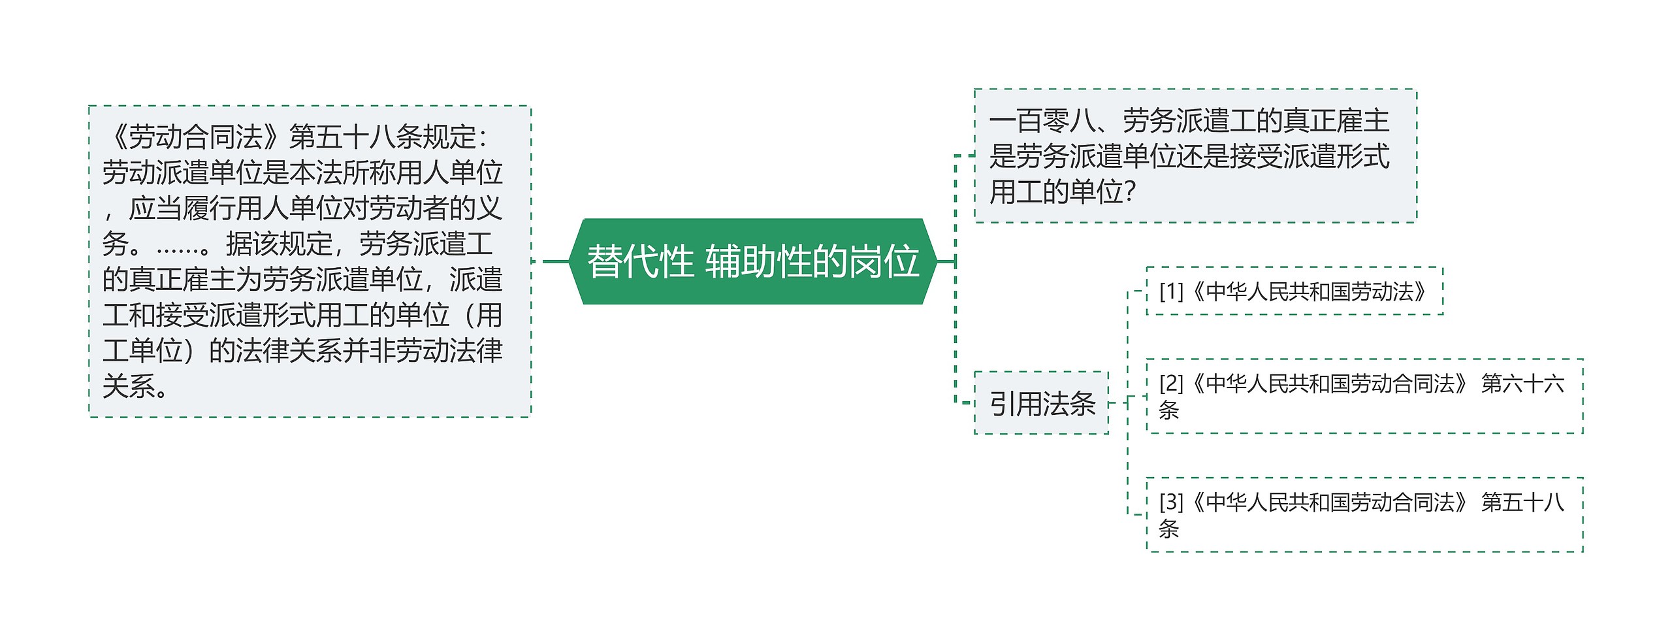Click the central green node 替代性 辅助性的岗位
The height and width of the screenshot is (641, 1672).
click(x=753, y=261)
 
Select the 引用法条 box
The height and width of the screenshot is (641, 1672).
click(x=1042, y=403)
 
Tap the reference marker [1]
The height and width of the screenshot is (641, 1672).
click(x=1171, y=291)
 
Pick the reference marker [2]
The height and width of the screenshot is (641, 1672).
click(x=1171, y=384)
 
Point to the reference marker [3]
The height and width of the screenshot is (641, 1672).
click(x=1171, y=502)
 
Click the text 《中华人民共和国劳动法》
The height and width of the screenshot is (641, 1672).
click(x=1310, y=291)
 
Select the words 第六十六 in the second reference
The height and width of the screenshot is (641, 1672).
click(x=1522, y=384)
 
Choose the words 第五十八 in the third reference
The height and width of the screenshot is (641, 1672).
click(x=1522, y=502)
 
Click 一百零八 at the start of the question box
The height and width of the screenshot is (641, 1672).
click(x=1042, y=121)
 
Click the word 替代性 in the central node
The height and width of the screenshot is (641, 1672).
click(x=640, y=261)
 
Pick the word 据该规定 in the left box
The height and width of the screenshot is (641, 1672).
click(x=279, y=244)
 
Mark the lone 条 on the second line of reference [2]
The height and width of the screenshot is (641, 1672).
click(x=1168, y=411)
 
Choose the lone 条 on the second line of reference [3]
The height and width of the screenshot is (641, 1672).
click(x=1168, y=529)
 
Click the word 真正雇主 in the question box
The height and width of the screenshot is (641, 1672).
click(x=1336, y=121)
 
